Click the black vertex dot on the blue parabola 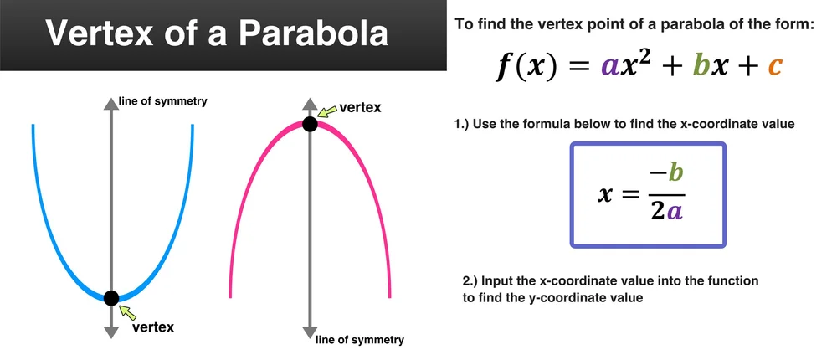point(110,296)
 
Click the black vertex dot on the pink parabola point(310,125)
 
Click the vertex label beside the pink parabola point(360,107)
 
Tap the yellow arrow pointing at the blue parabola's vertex point(127,311)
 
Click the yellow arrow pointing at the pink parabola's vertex point(326,111)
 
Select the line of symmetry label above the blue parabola point(162,101)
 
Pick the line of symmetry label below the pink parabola point(360,340)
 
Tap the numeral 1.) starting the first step point(463,125)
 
